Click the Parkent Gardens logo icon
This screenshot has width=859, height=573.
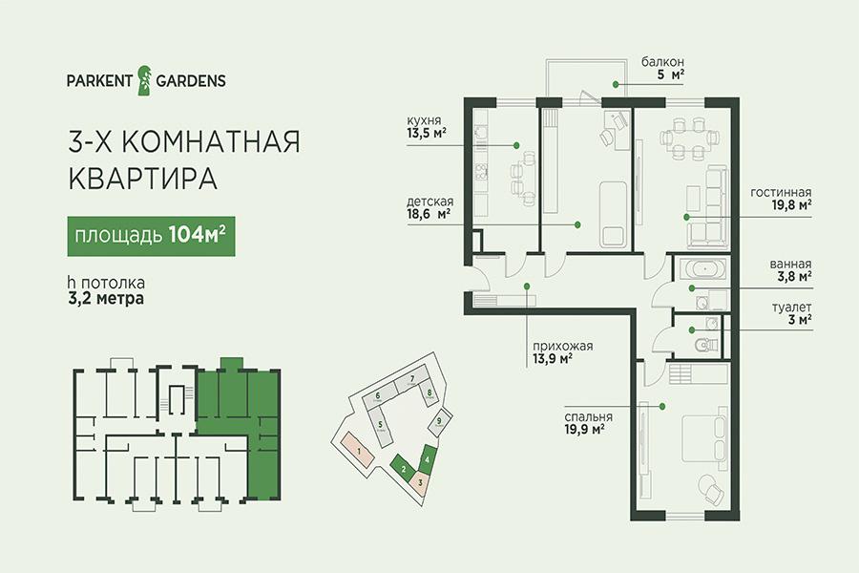[144, 80]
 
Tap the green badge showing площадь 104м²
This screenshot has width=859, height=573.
[151, 236]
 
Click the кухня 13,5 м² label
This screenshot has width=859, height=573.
[426, 126]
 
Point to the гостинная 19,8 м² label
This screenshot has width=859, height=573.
[781, 199]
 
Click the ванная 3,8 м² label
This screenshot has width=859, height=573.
[790, 270]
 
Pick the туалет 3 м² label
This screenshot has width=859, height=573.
[792, 313]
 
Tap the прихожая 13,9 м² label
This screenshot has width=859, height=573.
[562, 352]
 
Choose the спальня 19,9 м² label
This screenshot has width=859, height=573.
[588, 423]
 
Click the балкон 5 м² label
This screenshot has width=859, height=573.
[663, 68]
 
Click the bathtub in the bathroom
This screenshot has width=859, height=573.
[703, 269]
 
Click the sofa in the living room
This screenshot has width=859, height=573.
[708, 206]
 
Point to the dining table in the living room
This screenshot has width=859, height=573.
[688, 139]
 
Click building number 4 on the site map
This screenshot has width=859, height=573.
[428, 456]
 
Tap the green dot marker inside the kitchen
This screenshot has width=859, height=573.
[516, 145]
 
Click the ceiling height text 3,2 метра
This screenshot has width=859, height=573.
[106, 298]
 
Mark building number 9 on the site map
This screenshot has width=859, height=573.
[439, 422]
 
